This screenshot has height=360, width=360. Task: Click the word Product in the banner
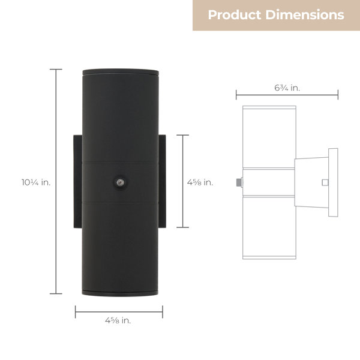(235, 14)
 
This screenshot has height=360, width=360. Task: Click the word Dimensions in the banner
(305, 14)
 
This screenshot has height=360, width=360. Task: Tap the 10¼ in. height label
(36, 182)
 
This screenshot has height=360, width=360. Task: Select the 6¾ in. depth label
(287, 88)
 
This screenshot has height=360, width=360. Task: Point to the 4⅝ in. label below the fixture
(118, 320)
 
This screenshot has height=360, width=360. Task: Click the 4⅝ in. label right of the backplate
(200, 182)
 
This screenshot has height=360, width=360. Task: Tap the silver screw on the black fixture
(120, 182)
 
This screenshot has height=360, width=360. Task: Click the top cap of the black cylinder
(121, 72)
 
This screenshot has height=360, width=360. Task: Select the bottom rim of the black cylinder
(120, 293)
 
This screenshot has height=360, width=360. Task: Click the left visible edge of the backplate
(77, 181)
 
